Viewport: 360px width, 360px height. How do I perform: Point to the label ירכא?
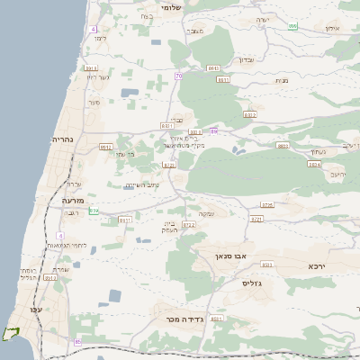[316, 267]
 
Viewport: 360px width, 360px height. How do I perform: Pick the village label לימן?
[99, 38]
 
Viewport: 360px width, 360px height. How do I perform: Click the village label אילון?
[331, 30]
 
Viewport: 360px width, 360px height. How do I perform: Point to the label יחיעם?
[337, 174]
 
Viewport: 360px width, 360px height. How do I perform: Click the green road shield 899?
[292, 26]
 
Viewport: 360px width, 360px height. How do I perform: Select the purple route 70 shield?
[179, 76]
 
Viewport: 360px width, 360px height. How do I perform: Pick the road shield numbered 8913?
[91, 67]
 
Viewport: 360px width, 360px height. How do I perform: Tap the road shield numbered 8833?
[283, 146]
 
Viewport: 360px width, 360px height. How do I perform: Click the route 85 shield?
[77, 341]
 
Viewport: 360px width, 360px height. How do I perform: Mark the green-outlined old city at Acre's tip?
[10, 333]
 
